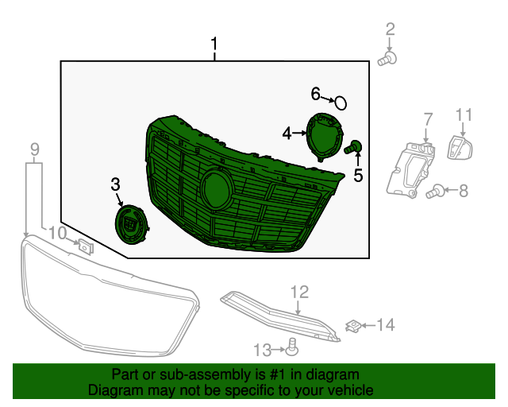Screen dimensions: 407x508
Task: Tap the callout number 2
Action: click(x=391, y=30)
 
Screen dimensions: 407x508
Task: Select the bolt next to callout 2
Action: click(x=388, y=58)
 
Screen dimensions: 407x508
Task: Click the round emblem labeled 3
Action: click(x=129, y=222)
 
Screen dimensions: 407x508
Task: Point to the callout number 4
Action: click(x=287, y=134)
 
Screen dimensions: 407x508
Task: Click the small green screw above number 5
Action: click(x=355, y=146)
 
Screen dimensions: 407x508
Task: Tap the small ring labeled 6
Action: click(x=341, y=103)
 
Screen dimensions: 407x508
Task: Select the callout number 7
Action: click(x=428, y=119)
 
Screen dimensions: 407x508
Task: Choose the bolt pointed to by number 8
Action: click(x=434, y=191)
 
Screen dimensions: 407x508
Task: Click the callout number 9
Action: click(x=34, y=149)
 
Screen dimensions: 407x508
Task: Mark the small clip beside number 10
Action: click(x=87, y=246)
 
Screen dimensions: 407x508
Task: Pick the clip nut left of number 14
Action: click(x=355, y=324)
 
